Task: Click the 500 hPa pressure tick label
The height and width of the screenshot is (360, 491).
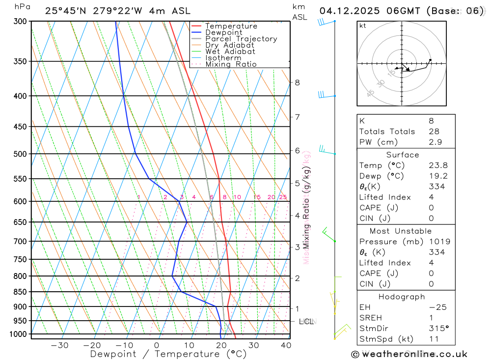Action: click(x=20, y=154)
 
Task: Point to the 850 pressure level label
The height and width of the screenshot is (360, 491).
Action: click(x=20, y=292)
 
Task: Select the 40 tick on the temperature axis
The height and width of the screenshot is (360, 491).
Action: click(x=285, y=345)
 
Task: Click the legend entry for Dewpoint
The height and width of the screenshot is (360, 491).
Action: click(x=223, y=32)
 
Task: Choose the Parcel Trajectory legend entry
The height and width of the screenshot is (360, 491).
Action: click(x=241, y=39)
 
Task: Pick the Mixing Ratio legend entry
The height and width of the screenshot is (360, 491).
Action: click(x=231, y=64)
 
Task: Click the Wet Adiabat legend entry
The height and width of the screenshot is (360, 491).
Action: click(x=230, y=52)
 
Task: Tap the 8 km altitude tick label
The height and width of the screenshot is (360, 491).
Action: click(x=297, y=83)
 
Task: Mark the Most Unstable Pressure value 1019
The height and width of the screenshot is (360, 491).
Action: click(x=438, y=242)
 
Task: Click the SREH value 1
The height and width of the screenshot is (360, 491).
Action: click(x=431, y=318)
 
